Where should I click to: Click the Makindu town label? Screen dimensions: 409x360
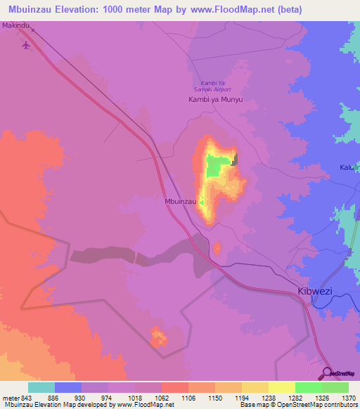pos(17,25)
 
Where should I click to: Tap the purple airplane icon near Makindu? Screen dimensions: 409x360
pos(27,46)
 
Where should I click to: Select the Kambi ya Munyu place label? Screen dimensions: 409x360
pos(215,100)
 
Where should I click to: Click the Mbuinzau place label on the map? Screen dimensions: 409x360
pos(179,201)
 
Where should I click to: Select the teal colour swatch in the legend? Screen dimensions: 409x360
pos(41,387)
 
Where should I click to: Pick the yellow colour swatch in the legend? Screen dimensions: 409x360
pos(282,387)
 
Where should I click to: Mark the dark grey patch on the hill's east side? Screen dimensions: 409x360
pos(235,160)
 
